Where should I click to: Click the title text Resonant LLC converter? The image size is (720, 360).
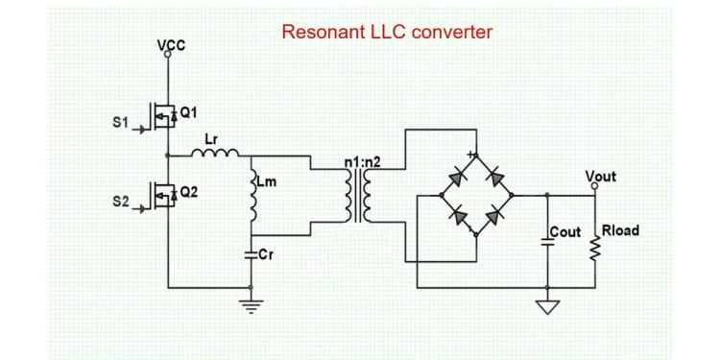pos(387,32)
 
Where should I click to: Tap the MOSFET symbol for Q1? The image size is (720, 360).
pos(165,115)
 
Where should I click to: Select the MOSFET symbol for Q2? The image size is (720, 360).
pos(165,197)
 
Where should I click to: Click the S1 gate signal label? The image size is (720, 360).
pos(120,122)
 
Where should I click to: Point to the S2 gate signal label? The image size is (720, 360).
pos(120,204)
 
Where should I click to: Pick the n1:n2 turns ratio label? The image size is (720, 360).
pos(362,161)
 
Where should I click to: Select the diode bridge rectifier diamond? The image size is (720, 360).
pos(477,196)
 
